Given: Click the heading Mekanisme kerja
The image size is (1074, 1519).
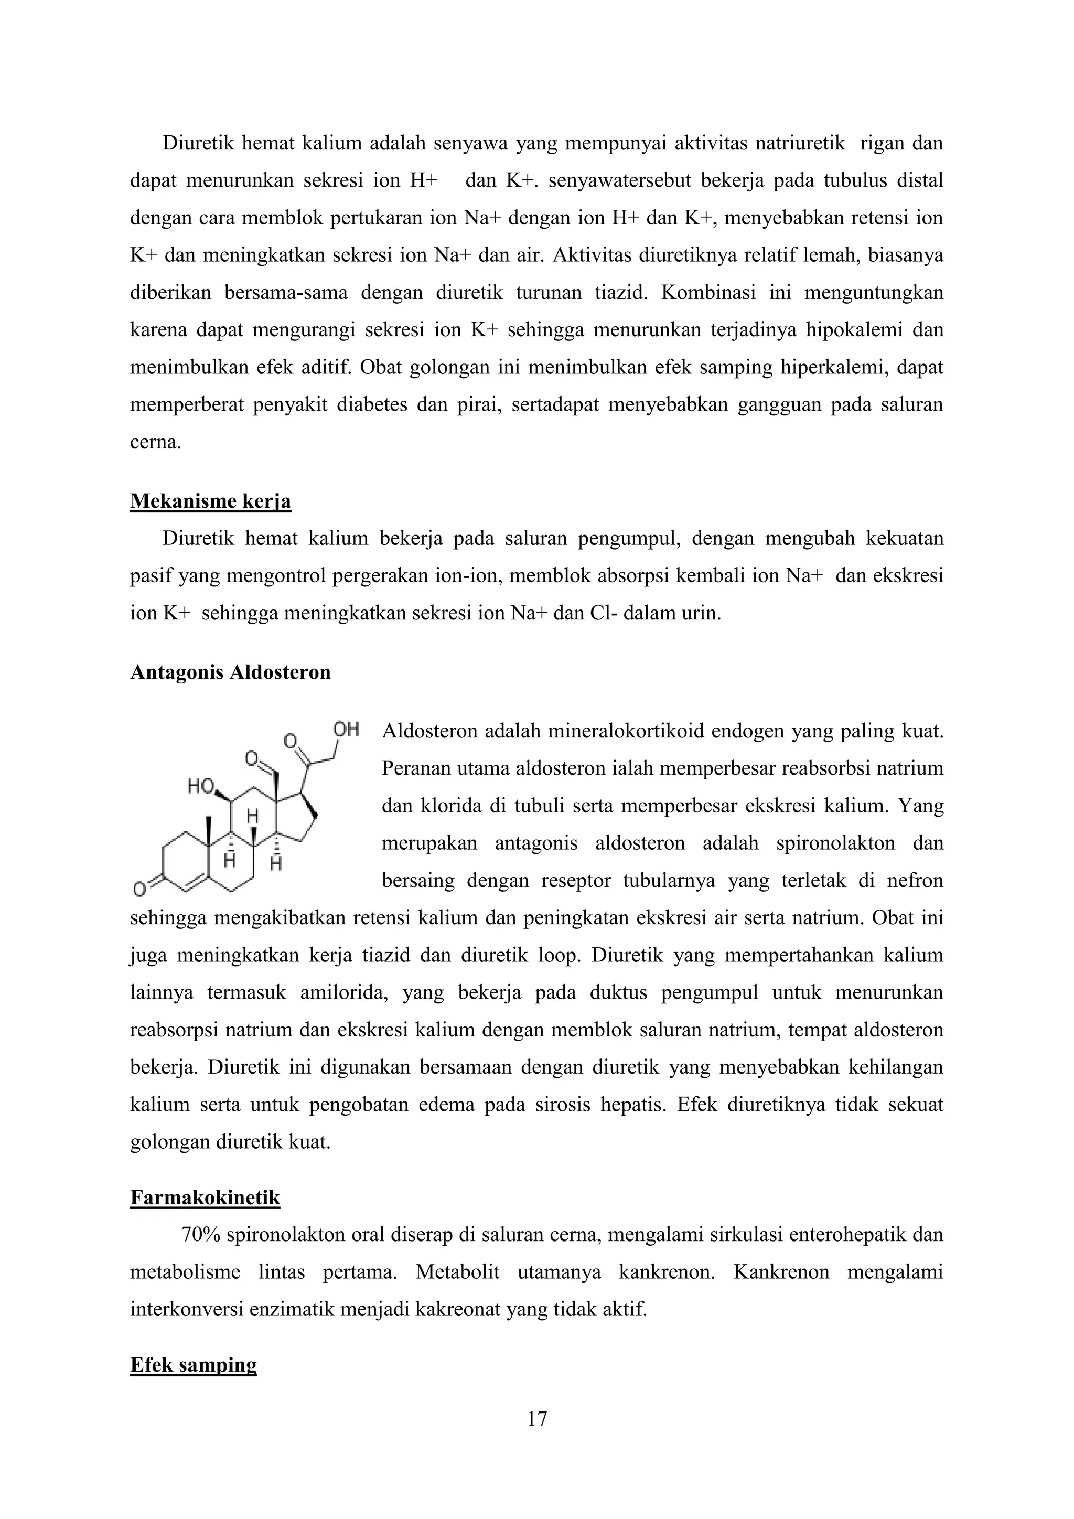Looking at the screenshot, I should click(x=210, y=501).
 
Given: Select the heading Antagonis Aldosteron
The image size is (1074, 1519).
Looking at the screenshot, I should click(x=230, y=673).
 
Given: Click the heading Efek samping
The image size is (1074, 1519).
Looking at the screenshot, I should click(x=193, y=1365).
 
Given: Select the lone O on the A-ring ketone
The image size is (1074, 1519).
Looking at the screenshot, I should click(x=139, y=890).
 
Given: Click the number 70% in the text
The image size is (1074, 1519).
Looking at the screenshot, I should click(x=200, y=1235).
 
